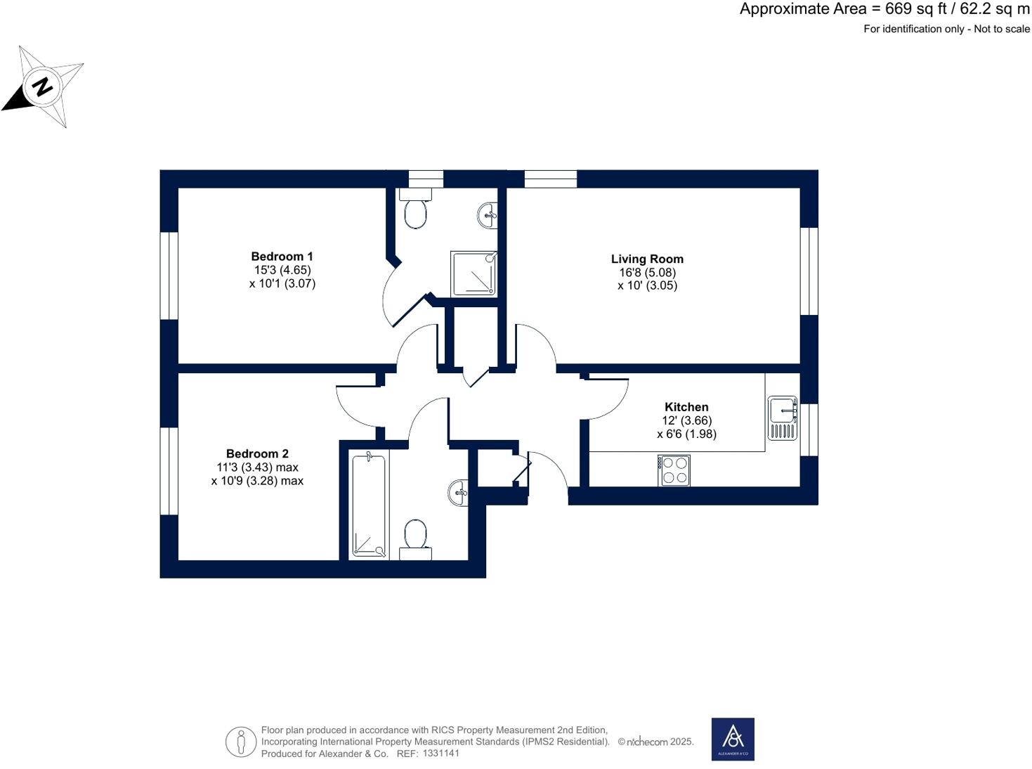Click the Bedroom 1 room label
tap(282, 257)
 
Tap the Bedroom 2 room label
tap(257, 454)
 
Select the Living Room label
tap(647, 259)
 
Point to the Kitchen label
tap(686, 407)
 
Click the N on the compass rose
tap(43, 87)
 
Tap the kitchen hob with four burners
tap(674, 470)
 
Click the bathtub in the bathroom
tap(369, 505)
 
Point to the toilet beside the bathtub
tap(415, 538)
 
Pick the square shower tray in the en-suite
tap(474, 273)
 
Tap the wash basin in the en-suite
tap(488, 214)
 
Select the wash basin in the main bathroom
tap(458, 492)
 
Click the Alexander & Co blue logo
tap(733, 739)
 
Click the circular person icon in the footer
tap(241, 742)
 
